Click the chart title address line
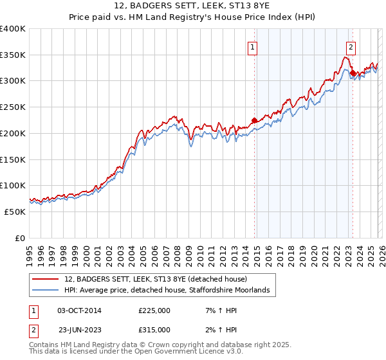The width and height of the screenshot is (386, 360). coord(193,6)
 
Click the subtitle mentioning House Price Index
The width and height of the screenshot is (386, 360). coord(193,17)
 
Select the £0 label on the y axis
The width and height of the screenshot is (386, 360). coord(19,238)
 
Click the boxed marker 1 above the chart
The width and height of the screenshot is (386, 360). coord(253,46)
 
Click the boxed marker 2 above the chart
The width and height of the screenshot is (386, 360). coord(351,46)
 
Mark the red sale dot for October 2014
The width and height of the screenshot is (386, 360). coord(254,120)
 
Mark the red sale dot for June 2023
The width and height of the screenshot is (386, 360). coord(353,73)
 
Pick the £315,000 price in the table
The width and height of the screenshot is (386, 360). coord(154,329)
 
